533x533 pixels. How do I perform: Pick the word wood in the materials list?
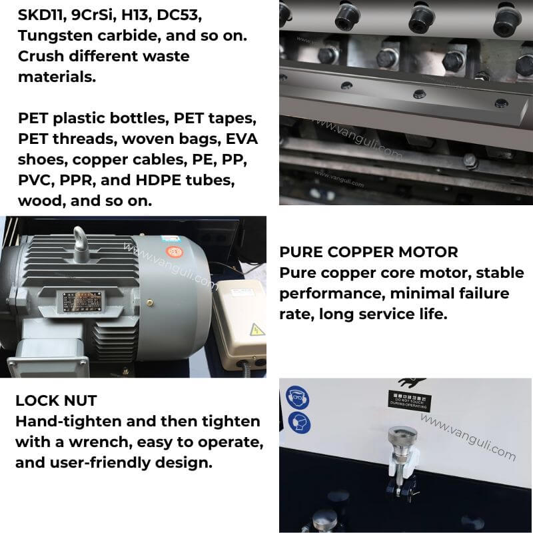pos(41,201)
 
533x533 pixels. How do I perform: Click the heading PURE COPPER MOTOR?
pos(368,252)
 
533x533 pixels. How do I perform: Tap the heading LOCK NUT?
pos(56,400)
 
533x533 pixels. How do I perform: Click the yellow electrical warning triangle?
pos(255,328)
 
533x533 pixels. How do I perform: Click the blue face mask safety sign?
pos(297,422)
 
